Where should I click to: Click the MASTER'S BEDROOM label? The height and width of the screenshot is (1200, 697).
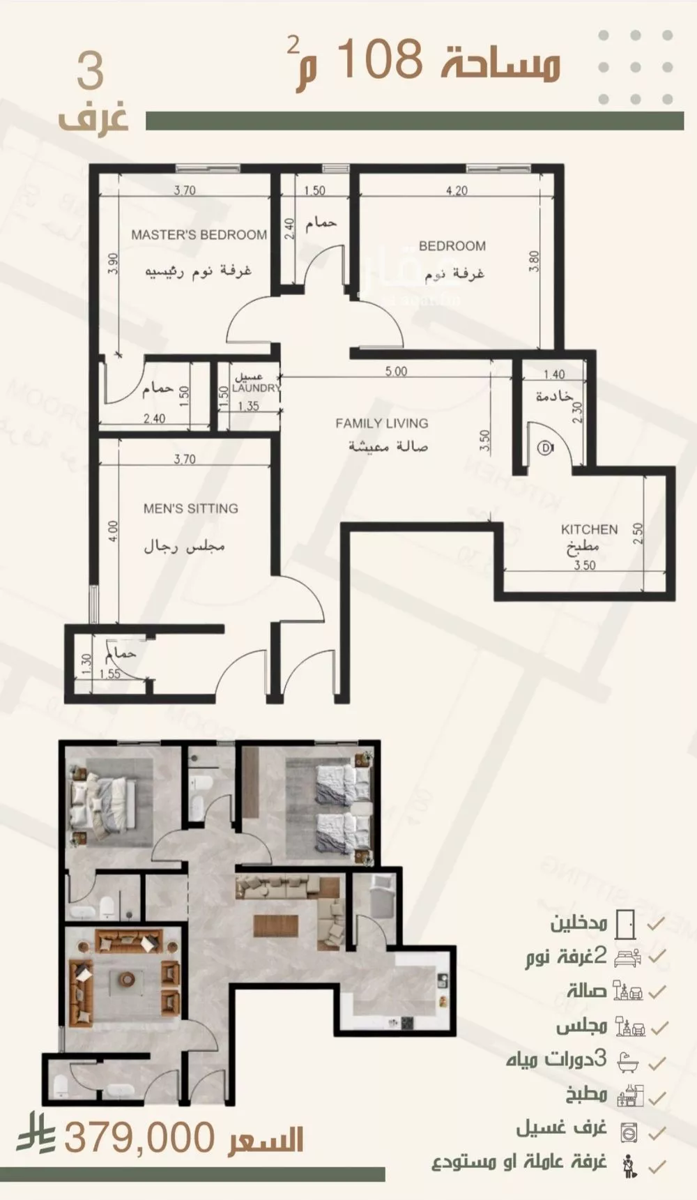click(x=199, y=235)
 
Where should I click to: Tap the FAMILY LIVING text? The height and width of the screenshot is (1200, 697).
click(x=381, y=423)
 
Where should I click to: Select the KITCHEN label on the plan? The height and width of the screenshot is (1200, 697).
click(x=589, y=529)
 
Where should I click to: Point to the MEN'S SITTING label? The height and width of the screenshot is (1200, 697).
click(x=190, y=509)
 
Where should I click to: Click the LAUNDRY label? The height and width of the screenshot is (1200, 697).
click(x=256, y=388)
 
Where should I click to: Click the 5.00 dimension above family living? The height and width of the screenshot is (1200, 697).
click(x=396, y=372)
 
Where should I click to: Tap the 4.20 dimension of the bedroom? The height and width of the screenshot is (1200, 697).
click(x=457, y=190)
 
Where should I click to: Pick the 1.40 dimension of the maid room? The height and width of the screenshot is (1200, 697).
click(x=553, y=374)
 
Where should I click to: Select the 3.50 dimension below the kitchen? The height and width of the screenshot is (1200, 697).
click(x=584, y=565)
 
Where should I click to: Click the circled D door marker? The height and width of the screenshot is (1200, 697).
click(x=545, y=448)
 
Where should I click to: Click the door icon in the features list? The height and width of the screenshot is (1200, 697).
click(x=625, y=923)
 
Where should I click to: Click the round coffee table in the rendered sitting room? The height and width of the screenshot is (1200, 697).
click(x=128, y=979)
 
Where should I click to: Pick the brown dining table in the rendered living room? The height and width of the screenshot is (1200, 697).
click(x=276, y=925)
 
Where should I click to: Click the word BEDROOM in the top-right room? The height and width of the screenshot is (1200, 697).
click(x=452, y=245)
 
